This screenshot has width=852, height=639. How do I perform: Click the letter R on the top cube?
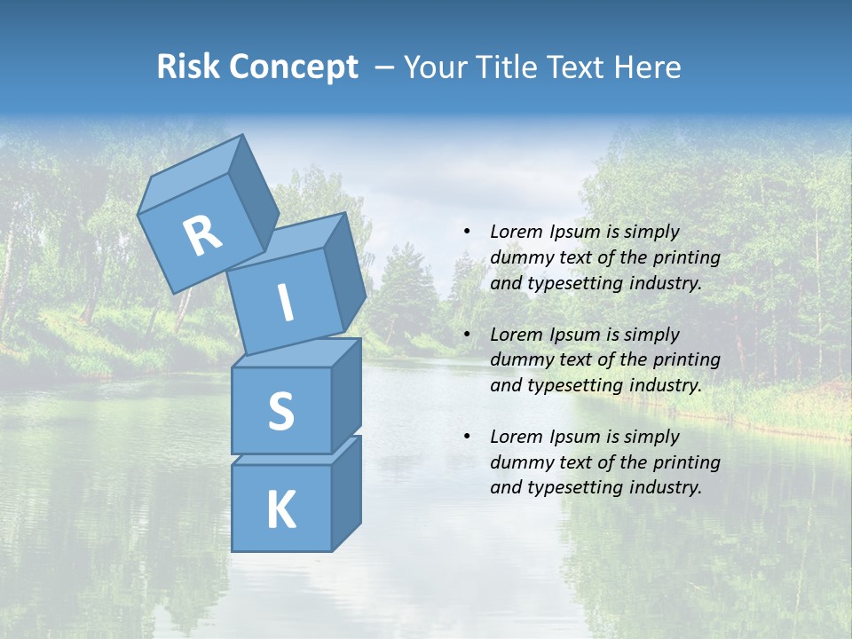(202, 236)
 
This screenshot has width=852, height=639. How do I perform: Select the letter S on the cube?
(280, 410)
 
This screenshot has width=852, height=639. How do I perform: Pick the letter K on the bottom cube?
(280, 509)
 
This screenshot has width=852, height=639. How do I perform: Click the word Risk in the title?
(188, 67)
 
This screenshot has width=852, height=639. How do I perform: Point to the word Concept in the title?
(294, 67)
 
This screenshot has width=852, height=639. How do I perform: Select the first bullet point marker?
(467, 233)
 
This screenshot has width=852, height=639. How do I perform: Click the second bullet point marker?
(467, 335)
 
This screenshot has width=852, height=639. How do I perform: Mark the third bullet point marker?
(467, 437)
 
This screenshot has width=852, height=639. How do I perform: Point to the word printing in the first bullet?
(686, 257)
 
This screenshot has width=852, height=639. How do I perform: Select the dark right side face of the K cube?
(346, 493)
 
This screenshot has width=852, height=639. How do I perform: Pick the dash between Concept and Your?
(385, 67)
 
